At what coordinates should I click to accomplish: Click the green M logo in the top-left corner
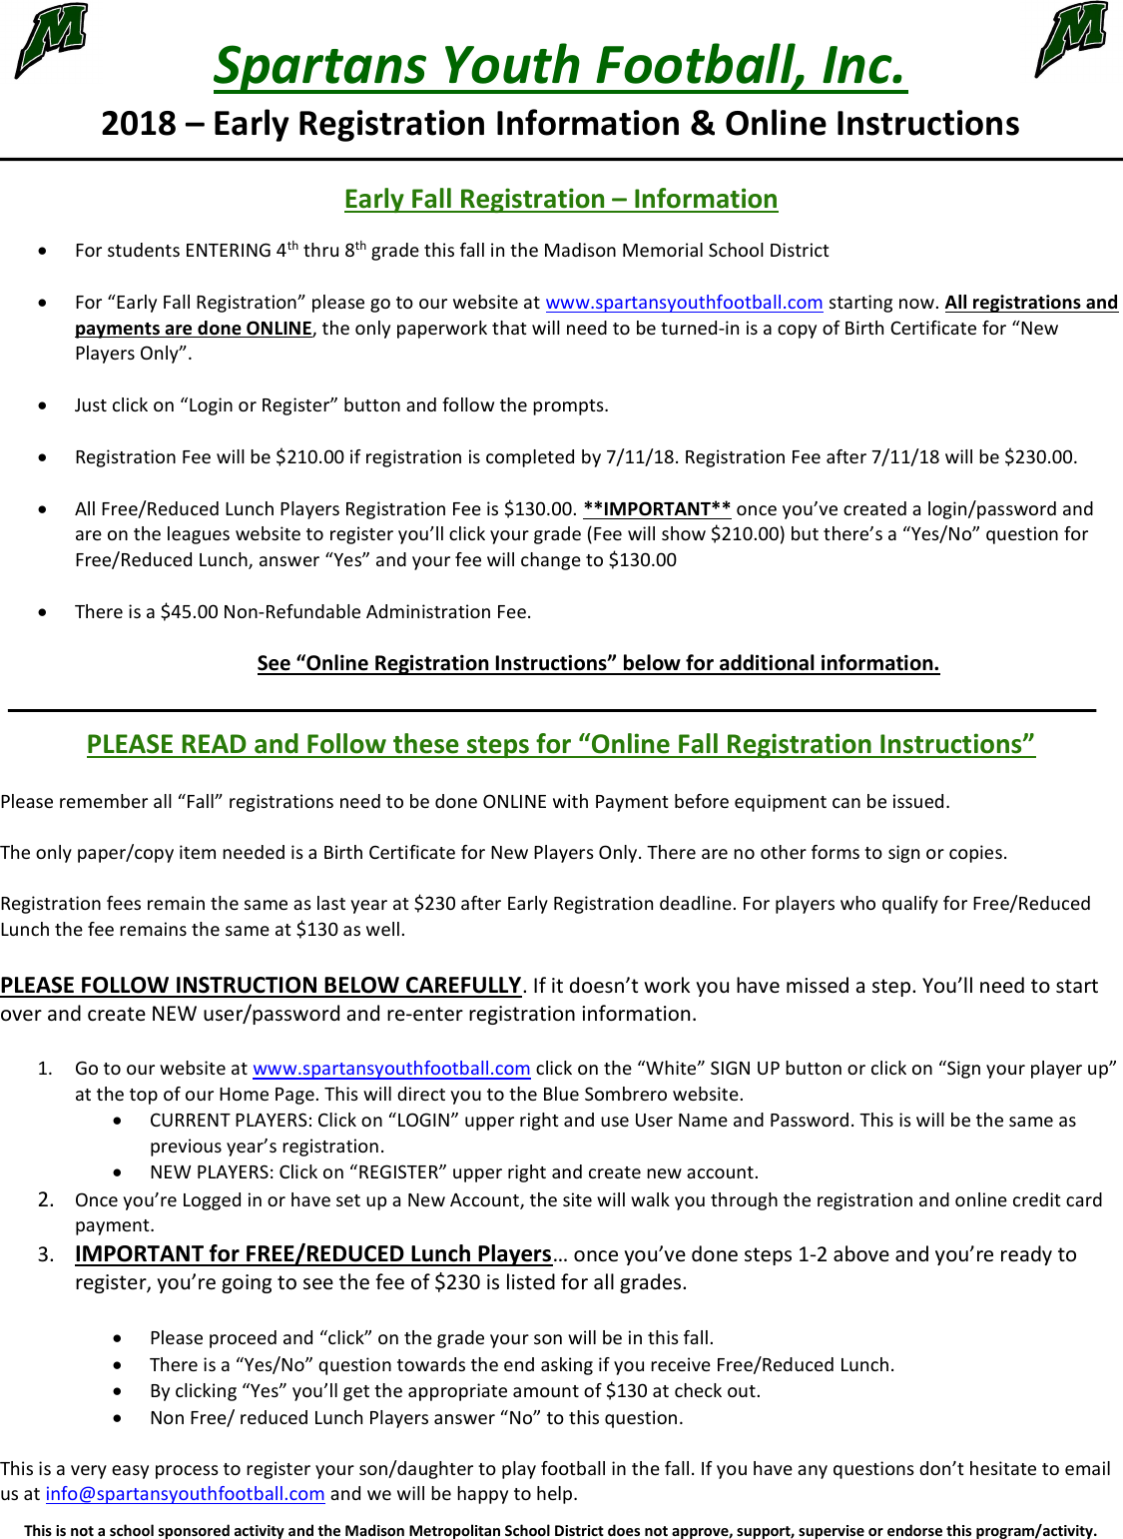pyautogui.click(x=51, y=40)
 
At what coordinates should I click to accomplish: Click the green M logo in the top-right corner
pyautogui.click(x=1071, y=39)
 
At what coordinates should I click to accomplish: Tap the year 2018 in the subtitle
pyautogui.click(x=139, y=124)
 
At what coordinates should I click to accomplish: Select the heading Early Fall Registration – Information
pyautogui.click(x=560, y=199)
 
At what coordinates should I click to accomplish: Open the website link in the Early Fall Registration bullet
pyautogui.click(x=684, y=303)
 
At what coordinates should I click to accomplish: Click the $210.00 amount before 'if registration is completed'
pyautogui.click(x=309, y=457)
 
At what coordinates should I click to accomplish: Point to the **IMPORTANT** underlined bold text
pyautogui.click(x=657, y=509)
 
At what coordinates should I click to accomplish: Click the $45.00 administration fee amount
pyautogui.click(x=189, y=612)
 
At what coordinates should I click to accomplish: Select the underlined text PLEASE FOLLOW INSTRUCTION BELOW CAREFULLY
pyautogui.click(x=261, y=986)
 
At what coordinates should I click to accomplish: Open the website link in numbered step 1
pyautogui.click(x=391, y=1069)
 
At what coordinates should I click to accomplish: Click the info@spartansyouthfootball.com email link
pyautogui.click(x=185, y=1494)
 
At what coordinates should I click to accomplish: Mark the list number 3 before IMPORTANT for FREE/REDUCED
pyautogui.click(x=46, y=1254)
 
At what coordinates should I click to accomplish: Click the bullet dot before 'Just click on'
pyautogui.click(x=42, y=405)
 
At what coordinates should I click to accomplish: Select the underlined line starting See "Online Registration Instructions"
pyautogui.click(x=598, y=663)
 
